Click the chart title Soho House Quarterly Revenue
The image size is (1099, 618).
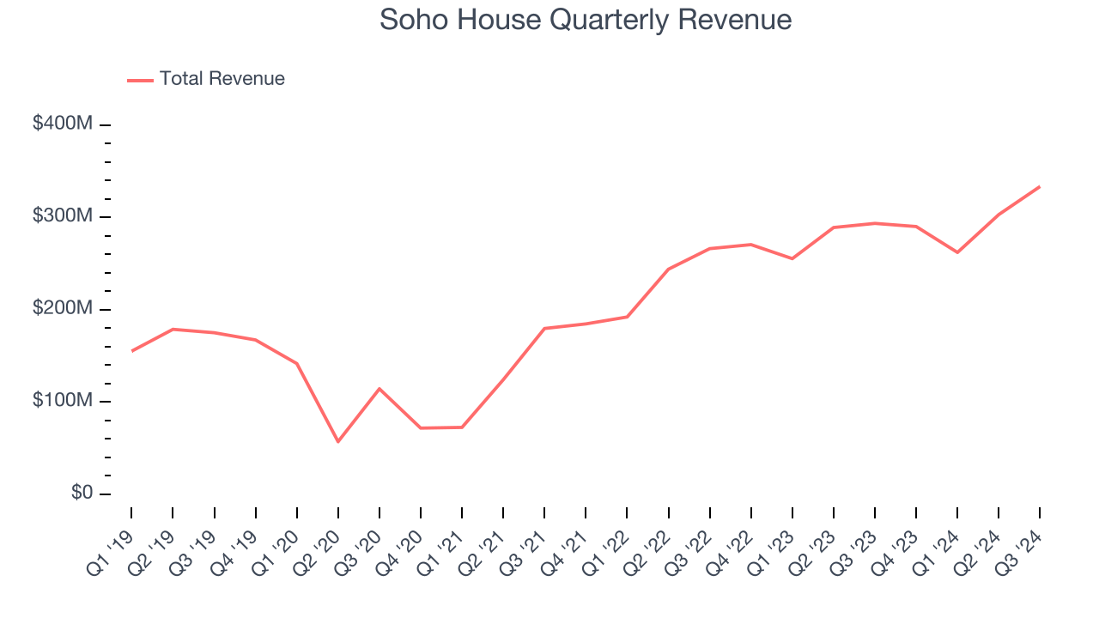click(x=586, y=20)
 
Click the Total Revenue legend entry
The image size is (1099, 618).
click(x=206, y=79)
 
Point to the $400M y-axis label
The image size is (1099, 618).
click(x=63, y=124)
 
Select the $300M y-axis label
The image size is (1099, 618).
click(x=63, y=216)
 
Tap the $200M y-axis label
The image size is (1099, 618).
click(x=63, y=309)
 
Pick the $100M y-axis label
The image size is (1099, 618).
click(x=63, y=402)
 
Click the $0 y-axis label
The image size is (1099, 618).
click(x=81, y=494)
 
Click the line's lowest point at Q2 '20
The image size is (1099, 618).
click(x=337, y=442)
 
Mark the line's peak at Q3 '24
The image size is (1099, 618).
click(x=1040, y=186)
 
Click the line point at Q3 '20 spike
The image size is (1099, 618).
click(x=379, y=389)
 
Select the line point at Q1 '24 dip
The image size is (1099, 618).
click(x=957, y=252)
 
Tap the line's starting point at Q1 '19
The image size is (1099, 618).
click(x=131, y=351)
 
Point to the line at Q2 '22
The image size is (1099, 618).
click(x=668, y=269)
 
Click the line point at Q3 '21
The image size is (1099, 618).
click(x=544, y=328)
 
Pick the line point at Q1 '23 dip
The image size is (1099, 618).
click(x=792, y=258)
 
